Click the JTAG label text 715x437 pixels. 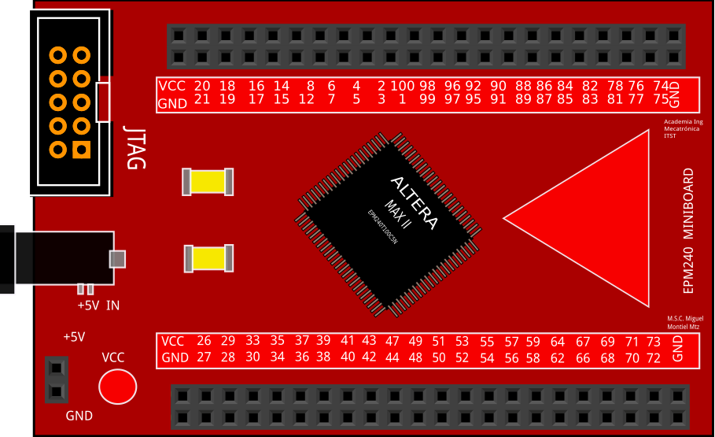point(135,147)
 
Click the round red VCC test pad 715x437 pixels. point(117,387)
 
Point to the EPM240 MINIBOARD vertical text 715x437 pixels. point(688,231)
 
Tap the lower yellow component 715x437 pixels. point(209,258)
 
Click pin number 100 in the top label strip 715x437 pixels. point(402,86)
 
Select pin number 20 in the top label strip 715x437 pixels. point(202,86)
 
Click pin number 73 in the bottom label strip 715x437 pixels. point(654,341)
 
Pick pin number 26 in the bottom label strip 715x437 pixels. point(204,341)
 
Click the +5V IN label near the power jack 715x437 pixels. point(98,306)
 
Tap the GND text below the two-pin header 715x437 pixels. point(79,416)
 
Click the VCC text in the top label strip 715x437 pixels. point(172,86)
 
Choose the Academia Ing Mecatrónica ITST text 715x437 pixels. point(683,129)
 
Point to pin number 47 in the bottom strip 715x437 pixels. point(393,341)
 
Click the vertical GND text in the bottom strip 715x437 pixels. point(678,349)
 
